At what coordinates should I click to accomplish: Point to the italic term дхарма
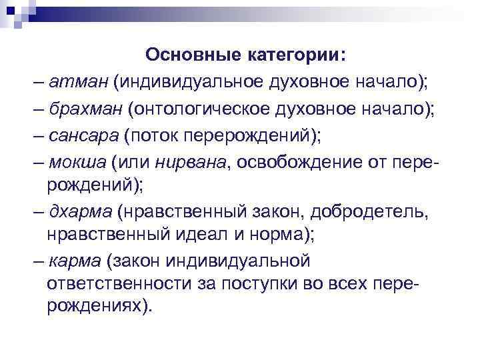pyautogui.click(x=80, y=211)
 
